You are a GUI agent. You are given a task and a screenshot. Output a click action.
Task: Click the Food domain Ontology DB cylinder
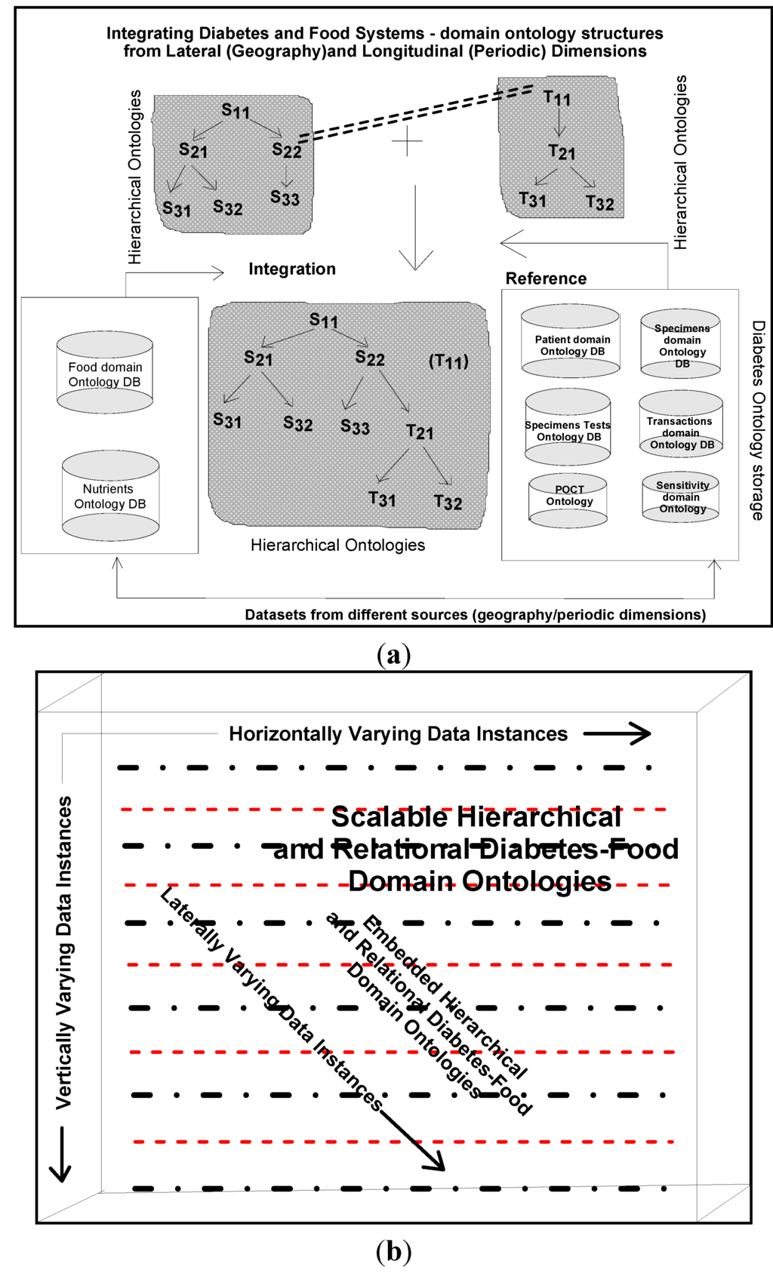point(105,373)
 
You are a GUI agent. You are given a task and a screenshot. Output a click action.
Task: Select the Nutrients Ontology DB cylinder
point(110,496)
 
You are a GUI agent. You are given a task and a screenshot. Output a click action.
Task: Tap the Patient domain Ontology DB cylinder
point(571,342)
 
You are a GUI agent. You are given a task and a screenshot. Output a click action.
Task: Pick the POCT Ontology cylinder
point(568,500)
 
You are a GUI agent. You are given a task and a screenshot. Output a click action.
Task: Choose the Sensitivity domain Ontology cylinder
point(680,497)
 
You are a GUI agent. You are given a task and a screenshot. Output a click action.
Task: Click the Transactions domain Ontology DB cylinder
point(681,424)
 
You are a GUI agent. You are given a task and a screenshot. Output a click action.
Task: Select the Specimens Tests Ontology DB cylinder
point(568,427)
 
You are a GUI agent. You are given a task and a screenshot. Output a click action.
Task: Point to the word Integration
point(292,269)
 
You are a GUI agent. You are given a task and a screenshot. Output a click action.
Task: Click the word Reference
point(546,278)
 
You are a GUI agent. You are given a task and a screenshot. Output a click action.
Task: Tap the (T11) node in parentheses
point(448,361)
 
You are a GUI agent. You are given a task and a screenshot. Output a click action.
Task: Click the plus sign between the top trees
point(408,141)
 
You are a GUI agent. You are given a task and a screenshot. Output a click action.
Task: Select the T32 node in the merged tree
point(448,503)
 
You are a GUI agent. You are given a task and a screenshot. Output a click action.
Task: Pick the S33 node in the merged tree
point(355,427)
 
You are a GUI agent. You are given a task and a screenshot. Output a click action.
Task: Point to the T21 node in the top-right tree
point(562,152)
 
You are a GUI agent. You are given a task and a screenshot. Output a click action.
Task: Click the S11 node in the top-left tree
point(236,112)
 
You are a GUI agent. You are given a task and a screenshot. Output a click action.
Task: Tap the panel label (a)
point(393,653)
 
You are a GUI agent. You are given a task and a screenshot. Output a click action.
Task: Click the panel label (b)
point(393,1251)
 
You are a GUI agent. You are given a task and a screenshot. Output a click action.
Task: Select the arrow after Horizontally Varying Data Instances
point(617,733)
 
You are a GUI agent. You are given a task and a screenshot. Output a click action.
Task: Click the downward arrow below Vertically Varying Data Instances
point(60,1154)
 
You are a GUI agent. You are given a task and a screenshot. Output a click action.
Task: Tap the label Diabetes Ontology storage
point(758,420)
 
